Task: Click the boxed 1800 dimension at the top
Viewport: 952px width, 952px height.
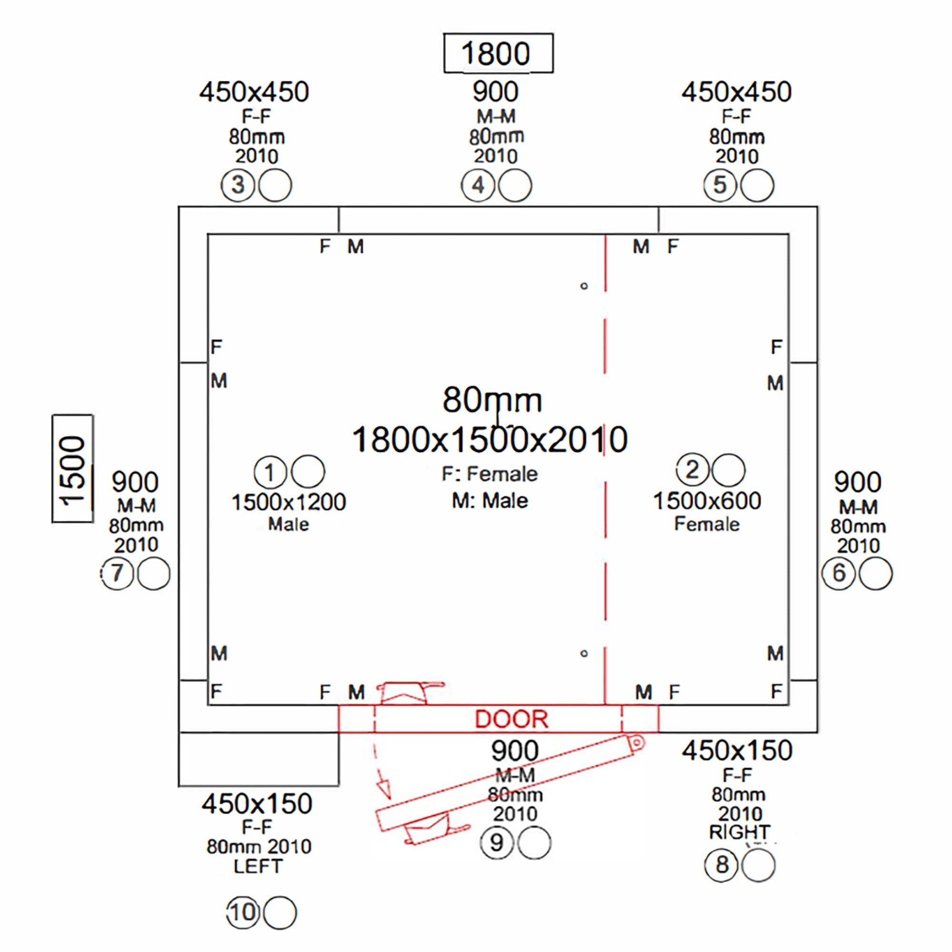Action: [x=498, y=53]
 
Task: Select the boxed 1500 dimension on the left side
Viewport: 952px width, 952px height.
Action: [x=72, y=468]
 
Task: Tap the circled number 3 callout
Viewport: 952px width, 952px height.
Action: [x=238, y=185]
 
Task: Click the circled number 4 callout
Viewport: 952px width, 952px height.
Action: [x=478, y=185]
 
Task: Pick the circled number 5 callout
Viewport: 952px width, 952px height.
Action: [x=720, y=185]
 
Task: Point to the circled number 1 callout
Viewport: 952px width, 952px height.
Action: [x=270, y=472]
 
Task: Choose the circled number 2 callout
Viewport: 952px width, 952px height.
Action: [x=692, y=470]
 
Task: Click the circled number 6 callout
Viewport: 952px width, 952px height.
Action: [x=839, y=573]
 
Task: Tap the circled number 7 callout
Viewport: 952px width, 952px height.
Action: [x=117, y=573]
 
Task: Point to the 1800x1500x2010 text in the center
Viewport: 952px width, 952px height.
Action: [x=490, y=439]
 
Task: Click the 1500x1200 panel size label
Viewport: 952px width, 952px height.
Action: [x=289, y=502]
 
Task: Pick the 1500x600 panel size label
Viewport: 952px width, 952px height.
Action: [x=706, y=501]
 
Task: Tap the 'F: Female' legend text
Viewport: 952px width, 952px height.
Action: [x=490, y=474]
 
